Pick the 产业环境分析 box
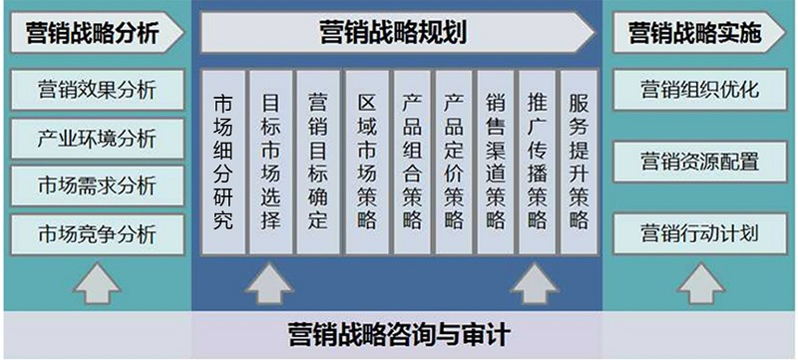96,138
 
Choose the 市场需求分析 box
96,185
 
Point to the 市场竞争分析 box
96,234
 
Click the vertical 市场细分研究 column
223,161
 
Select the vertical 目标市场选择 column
270,161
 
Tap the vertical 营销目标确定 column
317,161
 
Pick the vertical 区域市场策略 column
366,161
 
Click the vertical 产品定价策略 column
454,161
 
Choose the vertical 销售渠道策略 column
496,161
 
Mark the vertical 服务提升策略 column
579,161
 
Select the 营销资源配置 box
698,162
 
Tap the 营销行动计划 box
698,234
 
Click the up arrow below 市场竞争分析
96,284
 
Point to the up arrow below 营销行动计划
697,284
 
